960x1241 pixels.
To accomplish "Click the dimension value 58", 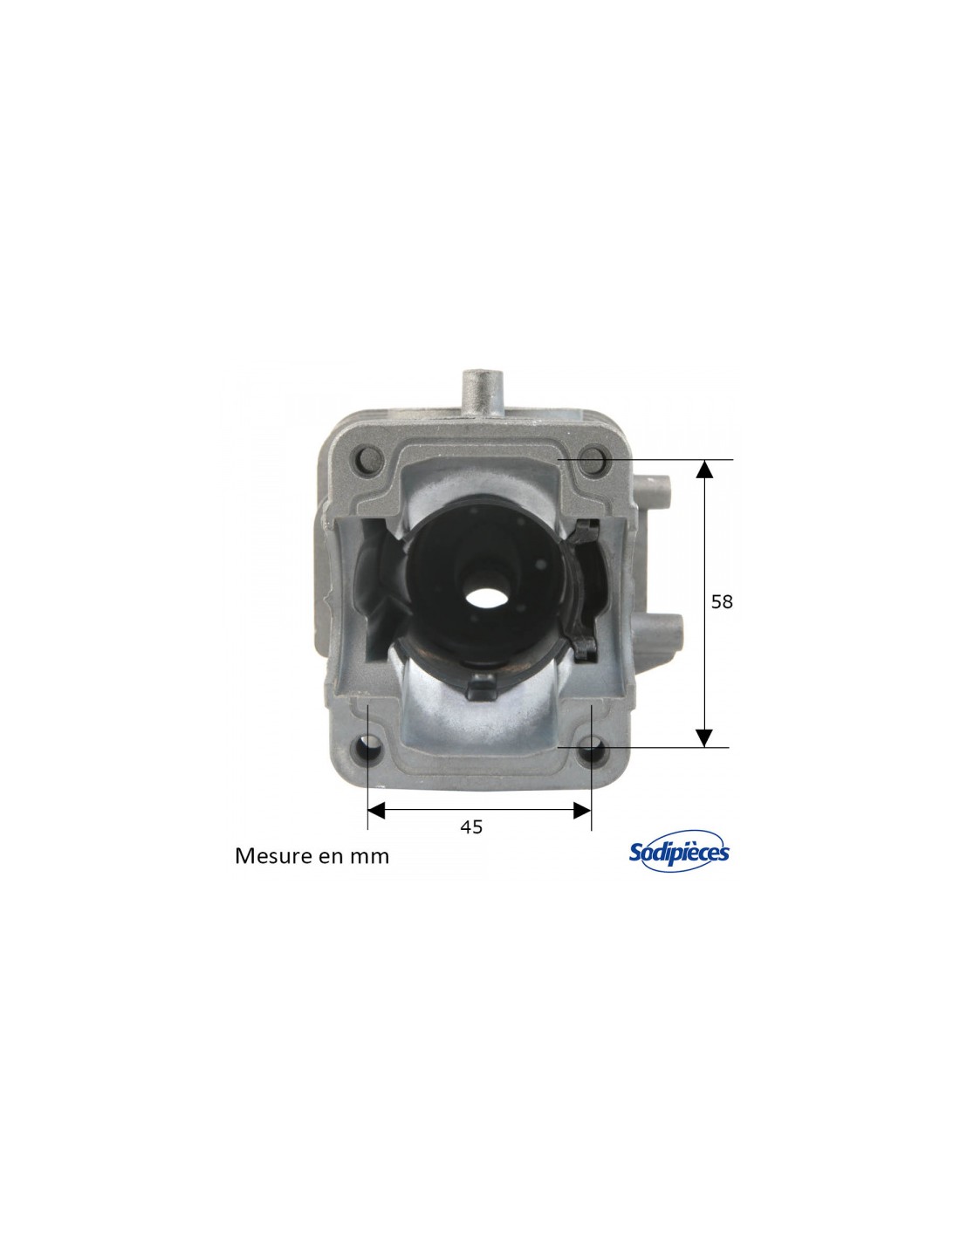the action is tap(722, 601).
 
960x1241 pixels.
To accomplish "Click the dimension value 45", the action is tap(471, 826).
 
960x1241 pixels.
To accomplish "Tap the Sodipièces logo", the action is tap(679, 851).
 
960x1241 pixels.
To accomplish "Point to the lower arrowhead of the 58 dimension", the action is tap(704, 737).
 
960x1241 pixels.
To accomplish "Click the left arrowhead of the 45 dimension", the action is tap(377, 810).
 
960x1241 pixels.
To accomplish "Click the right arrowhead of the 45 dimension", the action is tap(581, 810).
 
